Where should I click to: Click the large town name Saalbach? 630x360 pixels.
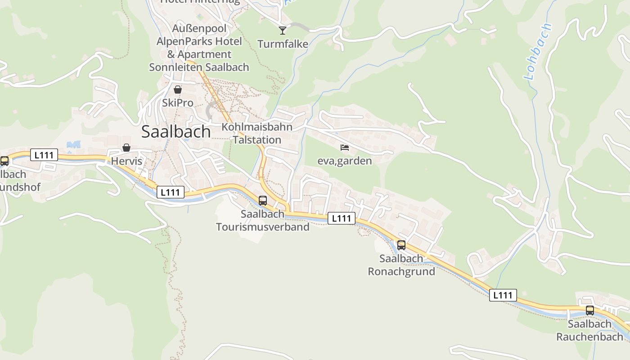(x=176, y=131)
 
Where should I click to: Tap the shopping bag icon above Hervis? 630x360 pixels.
(x=126, y=148)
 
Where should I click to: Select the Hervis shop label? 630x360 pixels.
(x=126, y=161)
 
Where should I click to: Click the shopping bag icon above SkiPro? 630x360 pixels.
(x=178, y=90)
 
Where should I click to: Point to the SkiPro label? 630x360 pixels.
(x=178, y=103)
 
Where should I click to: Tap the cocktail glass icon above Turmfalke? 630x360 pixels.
(x=283, y=30)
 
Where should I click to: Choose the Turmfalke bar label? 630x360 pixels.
(x=283, y=44)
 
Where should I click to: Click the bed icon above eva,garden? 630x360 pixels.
(x=345, y=147)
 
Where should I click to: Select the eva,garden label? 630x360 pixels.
(x=345, y=161)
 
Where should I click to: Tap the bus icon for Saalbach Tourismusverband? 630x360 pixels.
(x=263, y=200)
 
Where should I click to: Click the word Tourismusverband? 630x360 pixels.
(x=263, y=226)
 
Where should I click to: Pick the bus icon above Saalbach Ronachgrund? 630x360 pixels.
(x=401, y=245)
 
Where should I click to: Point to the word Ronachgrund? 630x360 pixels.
(x=401, y=271)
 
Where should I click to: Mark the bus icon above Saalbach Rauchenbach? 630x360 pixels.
(x=589, y=310)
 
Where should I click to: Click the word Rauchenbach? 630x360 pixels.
(x=589, y=337)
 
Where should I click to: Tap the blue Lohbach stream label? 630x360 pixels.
(x=538, y=52)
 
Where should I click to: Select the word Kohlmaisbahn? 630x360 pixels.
(x=257, y=127)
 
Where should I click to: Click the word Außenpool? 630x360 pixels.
(x=199, y=28)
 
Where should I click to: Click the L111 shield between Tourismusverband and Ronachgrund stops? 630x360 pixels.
(x=342, y=219)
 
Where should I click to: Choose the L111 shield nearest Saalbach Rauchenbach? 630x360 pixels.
(x=503, y=295)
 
